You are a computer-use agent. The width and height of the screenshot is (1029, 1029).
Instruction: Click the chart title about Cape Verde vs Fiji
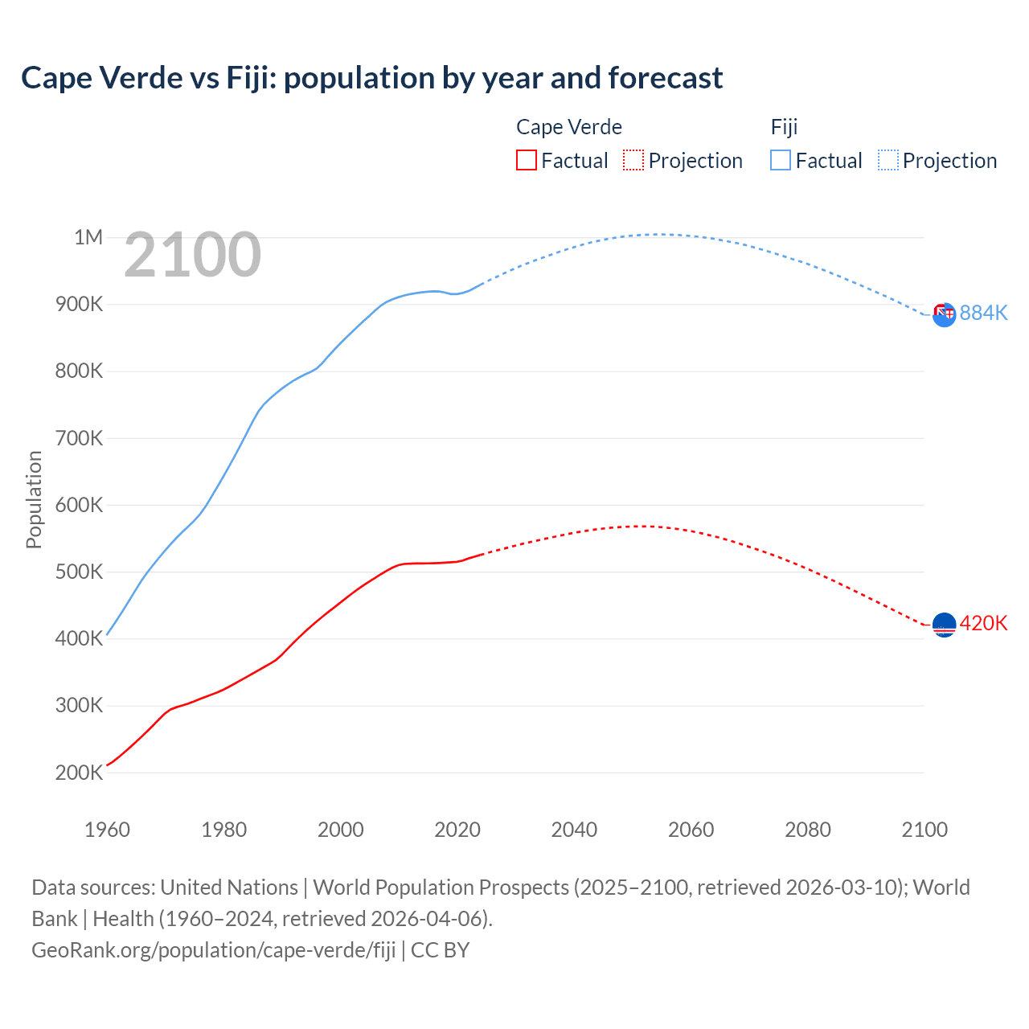tap(371, 78)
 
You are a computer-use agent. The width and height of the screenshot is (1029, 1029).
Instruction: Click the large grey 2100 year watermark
tap(192, 255)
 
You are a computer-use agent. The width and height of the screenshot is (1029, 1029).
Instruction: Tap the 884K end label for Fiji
tap(983, 313)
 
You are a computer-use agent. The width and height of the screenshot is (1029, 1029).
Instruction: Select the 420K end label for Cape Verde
tap(983, 623)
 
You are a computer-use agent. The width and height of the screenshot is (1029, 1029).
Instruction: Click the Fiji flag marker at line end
tap(944, 314)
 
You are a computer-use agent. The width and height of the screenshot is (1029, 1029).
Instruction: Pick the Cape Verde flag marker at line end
tap(944, 625)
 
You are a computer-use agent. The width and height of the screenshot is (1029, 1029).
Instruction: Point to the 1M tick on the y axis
tap(88, 237)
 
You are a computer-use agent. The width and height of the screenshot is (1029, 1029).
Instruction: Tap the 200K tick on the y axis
tap(80, 773)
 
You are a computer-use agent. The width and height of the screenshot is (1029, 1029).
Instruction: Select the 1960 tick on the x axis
tap(107, 830)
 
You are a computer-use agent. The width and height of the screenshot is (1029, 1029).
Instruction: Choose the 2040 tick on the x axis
tap(574, 830)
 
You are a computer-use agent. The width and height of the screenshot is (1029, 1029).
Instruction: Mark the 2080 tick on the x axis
tap(807, 830)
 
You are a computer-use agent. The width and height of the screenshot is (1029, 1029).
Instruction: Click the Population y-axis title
tap(34, 499)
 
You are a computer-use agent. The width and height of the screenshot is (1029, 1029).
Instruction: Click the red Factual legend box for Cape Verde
tap(526, 160)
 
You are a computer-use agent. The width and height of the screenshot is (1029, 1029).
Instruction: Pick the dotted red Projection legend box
tap(633, 160)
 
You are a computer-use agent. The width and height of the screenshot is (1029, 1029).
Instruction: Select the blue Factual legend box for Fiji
tap(781, 160)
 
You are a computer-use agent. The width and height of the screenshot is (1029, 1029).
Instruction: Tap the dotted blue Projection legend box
tap(888, 160)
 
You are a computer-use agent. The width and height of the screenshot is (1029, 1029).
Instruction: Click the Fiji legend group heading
tap(784, 127)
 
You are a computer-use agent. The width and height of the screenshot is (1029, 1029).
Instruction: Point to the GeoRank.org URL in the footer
tap(213, 950)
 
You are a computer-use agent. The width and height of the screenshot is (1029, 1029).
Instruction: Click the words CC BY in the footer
tap(440, 950)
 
